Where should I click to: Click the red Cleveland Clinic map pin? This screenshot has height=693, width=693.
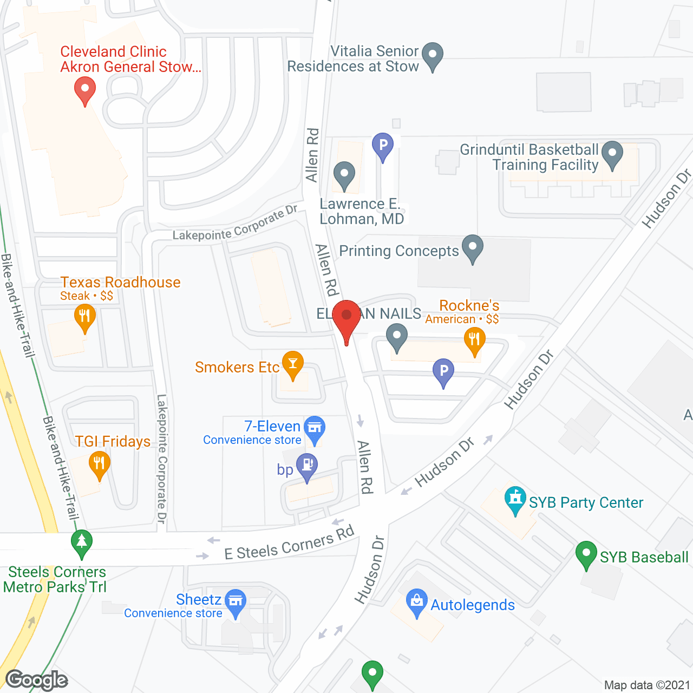click(x=84, y=90)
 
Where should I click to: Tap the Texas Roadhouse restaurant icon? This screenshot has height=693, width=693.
click(x=84, y=316)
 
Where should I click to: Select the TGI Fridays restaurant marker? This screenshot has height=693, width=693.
click(x=99, y=463)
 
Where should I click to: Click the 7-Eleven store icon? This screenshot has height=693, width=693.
click(x=314, y=428)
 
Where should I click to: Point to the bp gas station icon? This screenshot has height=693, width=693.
click(x=307, y=466)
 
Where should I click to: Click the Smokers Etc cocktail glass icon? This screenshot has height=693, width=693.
click(x=293, y=364)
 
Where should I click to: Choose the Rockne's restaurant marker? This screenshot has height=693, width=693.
click(x=474, y=341)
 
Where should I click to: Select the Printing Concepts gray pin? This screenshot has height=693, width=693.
click(x=472, y=247)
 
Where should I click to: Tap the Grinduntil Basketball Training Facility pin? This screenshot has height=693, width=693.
click(x=612, y=153)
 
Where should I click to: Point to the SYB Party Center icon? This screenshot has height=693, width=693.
click(x=515, y=499)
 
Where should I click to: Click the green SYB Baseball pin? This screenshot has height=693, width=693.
click(x=586, y=554)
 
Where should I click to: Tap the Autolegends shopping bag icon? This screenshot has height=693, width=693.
click(x=416, y=602)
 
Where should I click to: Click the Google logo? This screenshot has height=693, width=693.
click(x=37, y=680)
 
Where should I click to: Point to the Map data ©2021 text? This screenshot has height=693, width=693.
click(x=647, y=685)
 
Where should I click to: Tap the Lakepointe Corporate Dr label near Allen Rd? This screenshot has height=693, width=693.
click(x=235, y=224)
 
